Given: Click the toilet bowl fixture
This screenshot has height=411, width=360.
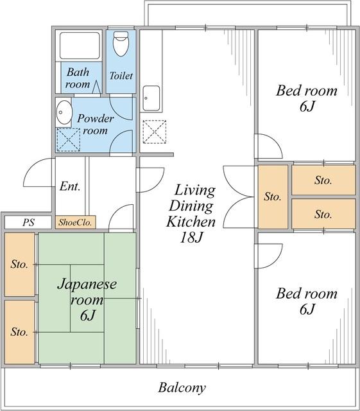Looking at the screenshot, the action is click(121, 44).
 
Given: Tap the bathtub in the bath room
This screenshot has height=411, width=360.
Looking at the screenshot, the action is click(80, 46).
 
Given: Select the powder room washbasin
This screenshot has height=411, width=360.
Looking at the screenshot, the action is click(64, 112).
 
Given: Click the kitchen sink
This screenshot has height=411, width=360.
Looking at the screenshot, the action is click(151, 98).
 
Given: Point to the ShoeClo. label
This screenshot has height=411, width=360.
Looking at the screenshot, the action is click(75, 222).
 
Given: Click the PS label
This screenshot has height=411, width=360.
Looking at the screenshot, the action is click(28, 222).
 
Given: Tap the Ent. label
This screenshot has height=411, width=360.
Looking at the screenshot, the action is click(70, 186).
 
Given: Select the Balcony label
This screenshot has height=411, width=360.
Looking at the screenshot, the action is click(182, 388).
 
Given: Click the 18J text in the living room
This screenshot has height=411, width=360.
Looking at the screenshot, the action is click(191, 237).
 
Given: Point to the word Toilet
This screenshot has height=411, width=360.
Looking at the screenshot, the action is click(121, 76).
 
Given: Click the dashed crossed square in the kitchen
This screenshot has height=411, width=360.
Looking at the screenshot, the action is click(155, 132).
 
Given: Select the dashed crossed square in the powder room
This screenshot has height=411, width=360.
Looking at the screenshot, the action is click(69, 140).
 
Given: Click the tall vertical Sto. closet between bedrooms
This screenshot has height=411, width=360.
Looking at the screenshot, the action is click(273, 197).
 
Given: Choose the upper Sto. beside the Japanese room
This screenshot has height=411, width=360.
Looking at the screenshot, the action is click(20, 265).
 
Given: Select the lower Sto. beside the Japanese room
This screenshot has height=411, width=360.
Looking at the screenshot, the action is click(20, 332).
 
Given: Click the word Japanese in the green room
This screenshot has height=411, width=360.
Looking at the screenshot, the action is click(87, 284).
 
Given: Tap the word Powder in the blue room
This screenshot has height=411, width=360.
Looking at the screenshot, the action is click(96, 118).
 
